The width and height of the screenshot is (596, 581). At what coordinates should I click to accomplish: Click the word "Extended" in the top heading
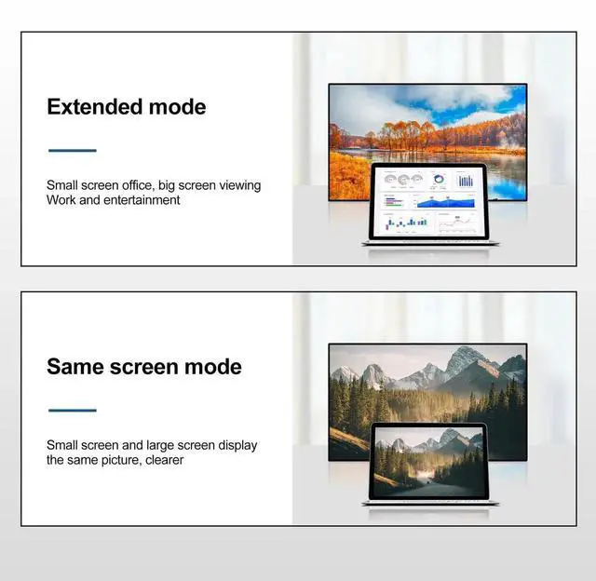click(x=91, y=106)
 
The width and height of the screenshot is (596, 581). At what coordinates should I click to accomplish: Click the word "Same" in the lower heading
click(x=75, y=366)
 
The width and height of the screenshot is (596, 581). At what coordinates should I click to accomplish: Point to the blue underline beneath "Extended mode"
click(x=72, y=150)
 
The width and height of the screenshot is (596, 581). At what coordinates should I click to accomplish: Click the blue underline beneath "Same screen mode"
click(x=72, y=410)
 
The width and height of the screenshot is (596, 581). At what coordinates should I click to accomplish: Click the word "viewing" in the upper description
click(x=239, y=185)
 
